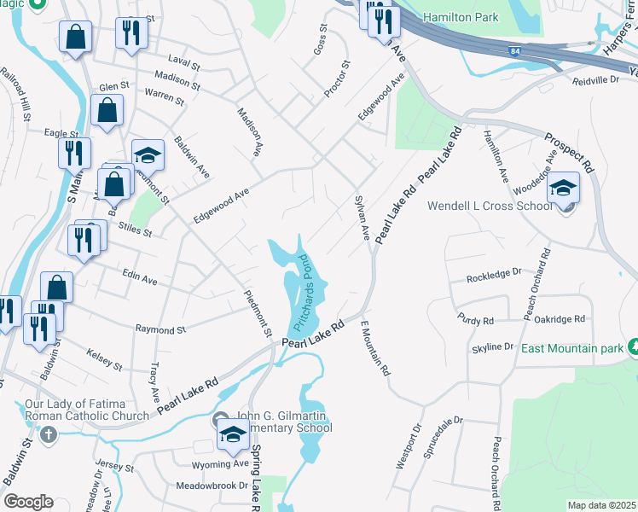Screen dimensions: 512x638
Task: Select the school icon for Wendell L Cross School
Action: coord(563,188)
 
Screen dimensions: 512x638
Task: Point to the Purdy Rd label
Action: coord(476,320)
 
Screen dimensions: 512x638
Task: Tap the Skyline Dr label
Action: coord(493,347)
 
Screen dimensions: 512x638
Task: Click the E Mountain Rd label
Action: coord(374,349)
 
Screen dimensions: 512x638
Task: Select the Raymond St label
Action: coord(160,329)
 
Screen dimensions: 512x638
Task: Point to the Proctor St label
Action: coord(337,78)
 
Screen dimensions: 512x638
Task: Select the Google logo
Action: coord(28,502)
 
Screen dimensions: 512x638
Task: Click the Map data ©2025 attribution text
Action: coord(601,505)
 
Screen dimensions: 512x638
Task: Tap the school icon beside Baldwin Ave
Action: coord(148,154)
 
